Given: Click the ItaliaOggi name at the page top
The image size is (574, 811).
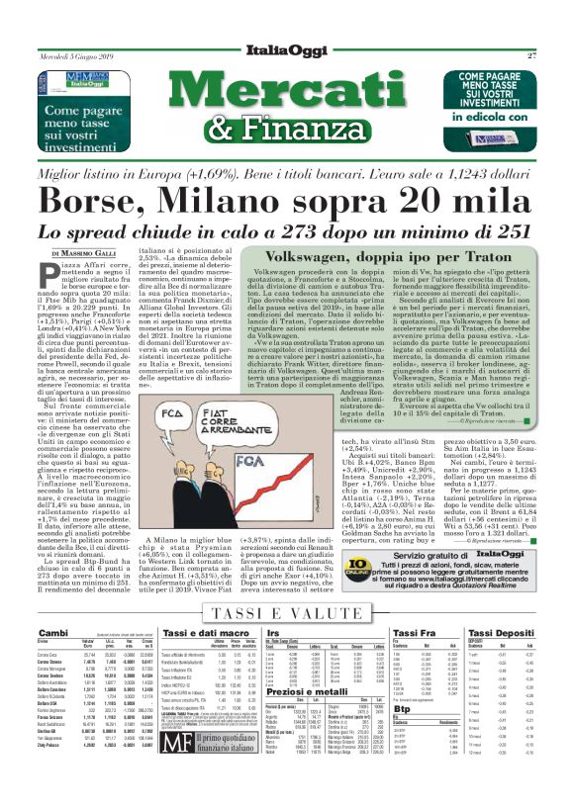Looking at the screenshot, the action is pos(287,54).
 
